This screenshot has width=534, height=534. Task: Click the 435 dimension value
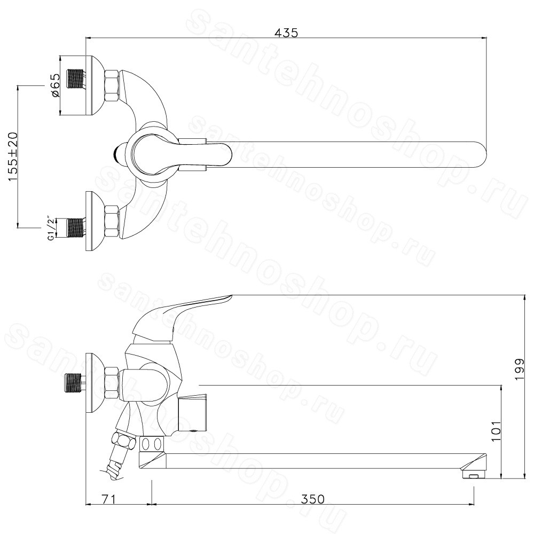(286, 33)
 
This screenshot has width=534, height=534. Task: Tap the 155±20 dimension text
(12, 156)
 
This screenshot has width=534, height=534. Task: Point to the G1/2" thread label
(51, 229)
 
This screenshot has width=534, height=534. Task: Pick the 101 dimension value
(497, 431)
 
